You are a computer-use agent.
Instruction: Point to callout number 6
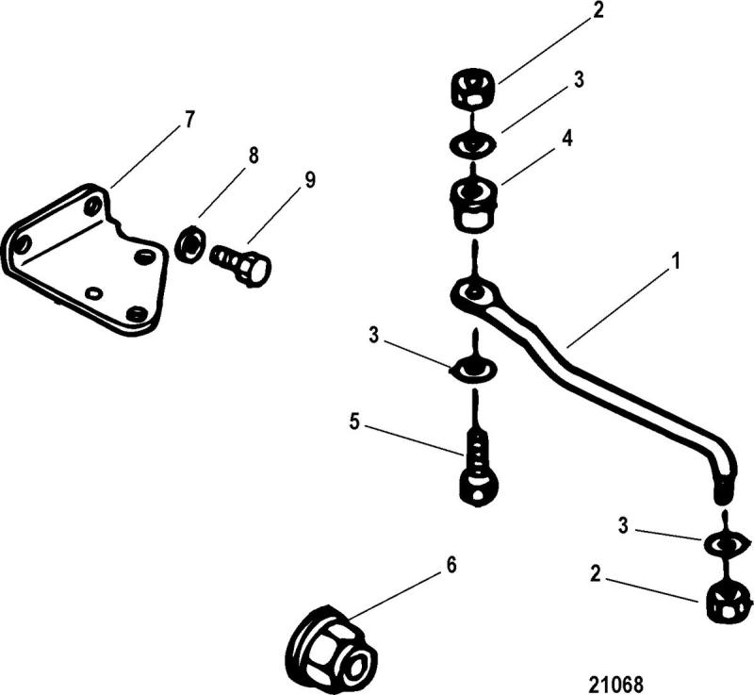pos(451,565)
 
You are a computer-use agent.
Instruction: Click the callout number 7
pos(189,120)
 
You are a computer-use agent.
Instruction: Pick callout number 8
pos(252,155)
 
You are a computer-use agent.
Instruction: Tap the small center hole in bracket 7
pos(92,293)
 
